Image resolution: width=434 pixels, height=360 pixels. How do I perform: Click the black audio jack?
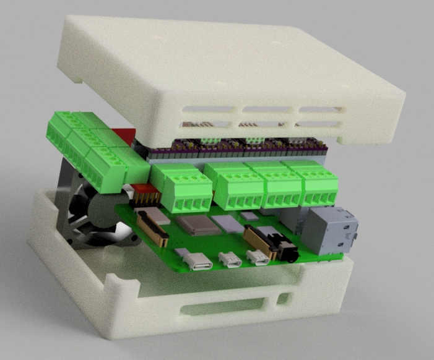click(x=286, y=251)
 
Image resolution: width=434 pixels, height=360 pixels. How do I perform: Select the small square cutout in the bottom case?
click(x=283, y=299)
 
